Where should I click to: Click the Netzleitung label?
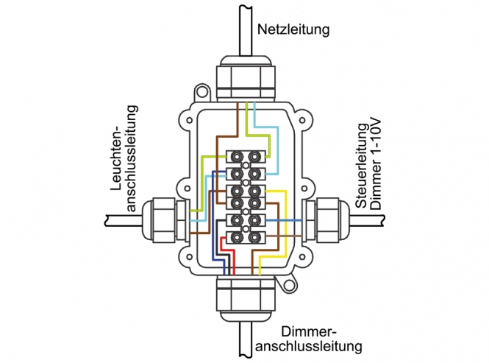[x=293, y=29]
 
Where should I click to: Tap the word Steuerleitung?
[x=362, y=166]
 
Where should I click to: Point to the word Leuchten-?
[x=117, y=158]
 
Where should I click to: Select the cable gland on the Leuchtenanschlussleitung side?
[x=165, y=220]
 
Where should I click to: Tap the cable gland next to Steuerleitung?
[x=326, y=220]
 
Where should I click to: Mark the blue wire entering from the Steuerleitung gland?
[x=283, y=221]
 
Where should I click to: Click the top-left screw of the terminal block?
[x=237, y=155]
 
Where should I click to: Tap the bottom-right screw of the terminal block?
[x=255, y=238]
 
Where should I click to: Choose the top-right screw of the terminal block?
[x=255, y=155]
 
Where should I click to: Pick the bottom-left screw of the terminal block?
[x=237, y=238]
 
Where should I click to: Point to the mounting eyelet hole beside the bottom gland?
[x=289, y=285]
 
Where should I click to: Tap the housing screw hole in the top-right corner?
[x=302, y=120]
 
